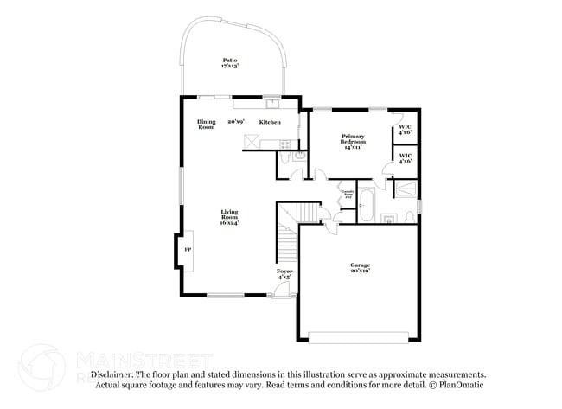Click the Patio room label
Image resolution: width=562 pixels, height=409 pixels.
click(x=229, y=60)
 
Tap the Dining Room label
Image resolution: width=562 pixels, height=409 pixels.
click(x=206, y=125)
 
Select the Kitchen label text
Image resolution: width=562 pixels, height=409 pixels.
click(x=270, y=122)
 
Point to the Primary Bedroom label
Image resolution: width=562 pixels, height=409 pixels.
click(x=353, y=138)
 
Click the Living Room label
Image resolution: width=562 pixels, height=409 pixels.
click(x=229, y=212)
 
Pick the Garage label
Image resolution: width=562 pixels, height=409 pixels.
click(x=360, y=265)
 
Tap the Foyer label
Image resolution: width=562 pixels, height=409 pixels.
click(x=284, y=272)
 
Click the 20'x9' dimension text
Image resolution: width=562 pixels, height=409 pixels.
click(x=237, y=122)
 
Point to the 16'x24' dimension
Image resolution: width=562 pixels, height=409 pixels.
click(x=229, y=223)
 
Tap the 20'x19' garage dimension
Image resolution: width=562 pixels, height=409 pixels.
click(x=360, y=272)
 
